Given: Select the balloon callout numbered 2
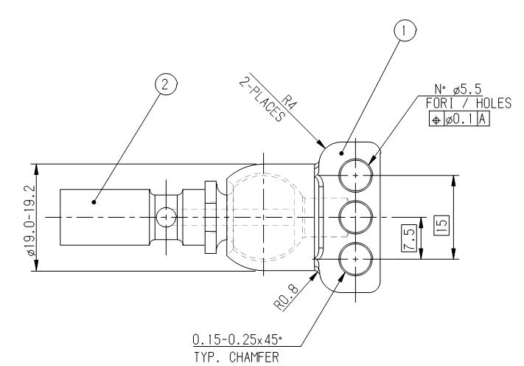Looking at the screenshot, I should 167,85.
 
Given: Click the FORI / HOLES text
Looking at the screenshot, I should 458,105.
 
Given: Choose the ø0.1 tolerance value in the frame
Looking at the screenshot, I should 461,118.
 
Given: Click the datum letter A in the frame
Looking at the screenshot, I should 482,118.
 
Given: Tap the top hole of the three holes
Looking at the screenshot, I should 355,176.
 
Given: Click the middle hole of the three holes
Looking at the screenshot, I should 355,217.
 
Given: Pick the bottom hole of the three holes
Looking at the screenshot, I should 355,258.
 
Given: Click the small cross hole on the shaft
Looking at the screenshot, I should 167,217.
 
